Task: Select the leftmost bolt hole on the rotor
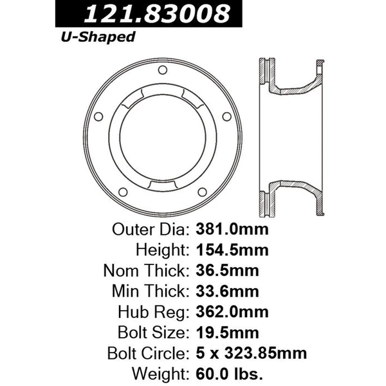click(98, 116)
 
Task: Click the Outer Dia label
click(149, 229)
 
